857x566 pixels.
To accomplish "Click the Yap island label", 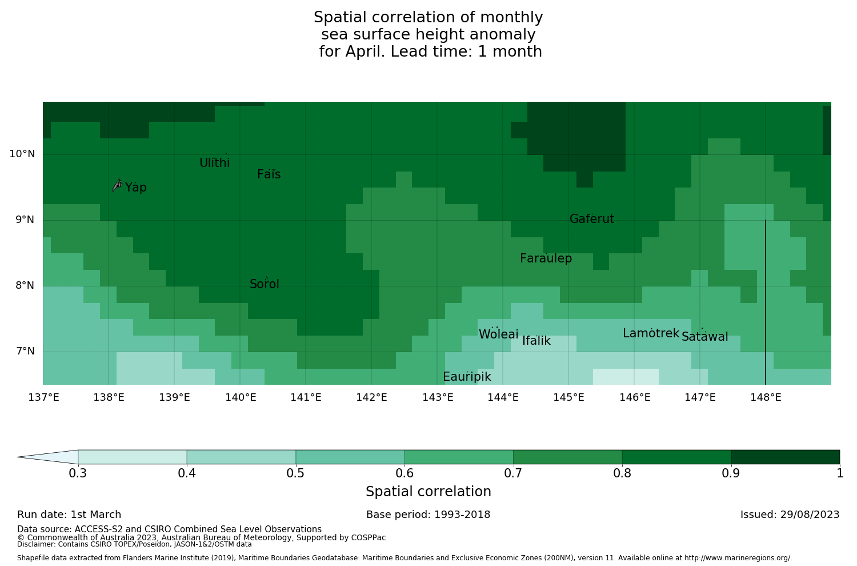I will pyautogui.click(x=136, y=188).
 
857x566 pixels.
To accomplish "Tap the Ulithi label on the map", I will pyautogui.click(x=214, y=163).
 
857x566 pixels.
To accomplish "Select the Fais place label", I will pyautogui.click(x=269, y=174).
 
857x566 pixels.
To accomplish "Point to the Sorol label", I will pyautogui.click(x=265, y=284).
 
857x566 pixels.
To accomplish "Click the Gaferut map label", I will pyautogui.click(x=592, y=219).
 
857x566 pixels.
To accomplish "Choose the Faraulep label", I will pyautogui.click(x=546, y=258).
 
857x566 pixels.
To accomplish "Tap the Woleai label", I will pyautogui.click(x=498, y=334).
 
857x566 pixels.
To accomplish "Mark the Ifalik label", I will pyautogui.click(x=536, y=341).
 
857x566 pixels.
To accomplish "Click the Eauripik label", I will pyautogui.click(x=467, y=377).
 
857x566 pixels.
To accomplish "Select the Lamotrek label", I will pyautogui.click(x=651, y=333).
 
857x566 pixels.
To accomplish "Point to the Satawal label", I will pyautogui.click(x=704, y=337).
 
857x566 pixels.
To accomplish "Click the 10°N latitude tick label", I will pyautogui.click(x=22, y=154).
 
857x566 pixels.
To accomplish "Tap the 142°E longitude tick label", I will pyautogui.click(x=372, y=397).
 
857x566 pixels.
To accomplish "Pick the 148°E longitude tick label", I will pyautogui.click(x=766, y=397).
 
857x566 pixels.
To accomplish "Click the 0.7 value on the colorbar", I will pyautogui.click(x=513, y=473).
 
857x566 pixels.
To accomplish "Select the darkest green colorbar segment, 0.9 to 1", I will pyautogui.click(x=785, y=457).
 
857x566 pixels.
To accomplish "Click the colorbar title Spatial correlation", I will pyautogui.click(x=428, y=492).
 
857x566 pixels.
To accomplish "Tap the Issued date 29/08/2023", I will pyautogui.click(x=790, y=515).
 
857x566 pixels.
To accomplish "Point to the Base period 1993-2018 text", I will pyautogui.click(x=428, y=515).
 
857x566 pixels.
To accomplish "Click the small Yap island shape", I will pyautogui.click(x=117, y=185).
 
